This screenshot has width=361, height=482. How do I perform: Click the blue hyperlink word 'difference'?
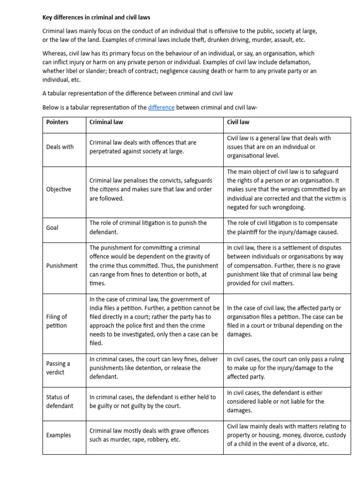161,107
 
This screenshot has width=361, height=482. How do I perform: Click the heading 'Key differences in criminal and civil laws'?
96,17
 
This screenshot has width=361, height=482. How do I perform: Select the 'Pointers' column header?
57,122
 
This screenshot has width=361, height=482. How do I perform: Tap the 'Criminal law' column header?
106,122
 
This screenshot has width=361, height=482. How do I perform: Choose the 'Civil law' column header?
238,122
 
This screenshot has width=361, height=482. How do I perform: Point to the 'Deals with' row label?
60,147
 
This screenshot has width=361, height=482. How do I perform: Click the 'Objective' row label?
59,189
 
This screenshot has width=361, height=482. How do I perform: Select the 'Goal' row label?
53,227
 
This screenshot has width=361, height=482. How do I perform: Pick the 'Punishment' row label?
62,265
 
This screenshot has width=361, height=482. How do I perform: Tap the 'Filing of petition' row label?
57,321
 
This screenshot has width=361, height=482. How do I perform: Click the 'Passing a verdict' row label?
58,368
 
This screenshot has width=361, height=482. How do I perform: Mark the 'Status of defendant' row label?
60,401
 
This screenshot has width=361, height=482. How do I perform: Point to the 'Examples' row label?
59,435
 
